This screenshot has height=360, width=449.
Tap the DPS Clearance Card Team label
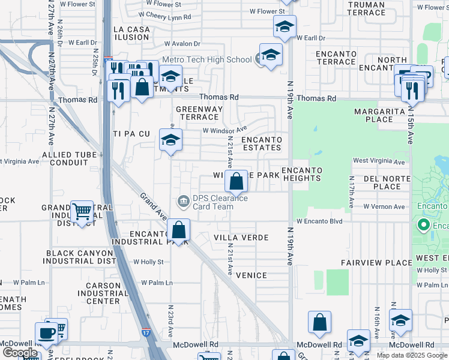(x=212, y=202)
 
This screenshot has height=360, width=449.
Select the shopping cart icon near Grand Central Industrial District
(x=82, y=212)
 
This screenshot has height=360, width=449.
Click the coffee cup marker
(x=47, y=333)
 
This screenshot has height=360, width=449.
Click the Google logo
(x=19, y=353)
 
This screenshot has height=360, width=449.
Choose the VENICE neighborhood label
(x=251, y=275)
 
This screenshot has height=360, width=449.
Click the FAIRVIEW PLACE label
(x=376, y=263)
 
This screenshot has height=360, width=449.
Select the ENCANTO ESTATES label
(x=261, y=143)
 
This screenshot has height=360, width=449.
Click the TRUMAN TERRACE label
(x=366, y=8)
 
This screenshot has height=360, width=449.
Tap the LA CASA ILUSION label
(x=130, y=33)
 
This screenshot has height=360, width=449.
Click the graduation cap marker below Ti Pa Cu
(x=171, y=141)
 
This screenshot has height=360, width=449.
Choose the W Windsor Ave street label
(x=224, y=130)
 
